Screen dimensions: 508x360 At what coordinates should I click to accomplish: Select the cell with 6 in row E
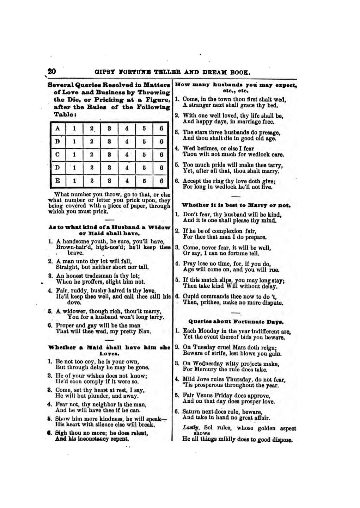tap(161, 181)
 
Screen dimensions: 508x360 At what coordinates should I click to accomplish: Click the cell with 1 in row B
tap(74, 142)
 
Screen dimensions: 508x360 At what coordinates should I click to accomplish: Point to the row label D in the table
tap(57, 168)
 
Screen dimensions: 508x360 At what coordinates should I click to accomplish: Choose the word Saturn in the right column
tap(192, 412)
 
